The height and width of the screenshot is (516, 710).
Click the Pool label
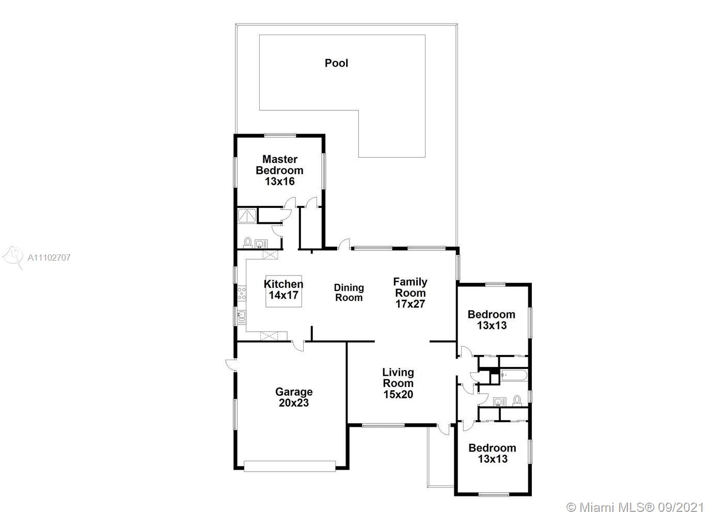336,63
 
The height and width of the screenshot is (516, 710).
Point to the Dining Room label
349,293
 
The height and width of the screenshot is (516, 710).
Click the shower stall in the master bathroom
247,216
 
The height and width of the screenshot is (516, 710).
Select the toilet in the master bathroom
247,243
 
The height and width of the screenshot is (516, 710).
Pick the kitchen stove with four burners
242,293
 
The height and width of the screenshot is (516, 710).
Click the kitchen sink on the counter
242,316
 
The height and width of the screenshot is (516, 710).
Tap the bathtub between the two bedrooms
514,376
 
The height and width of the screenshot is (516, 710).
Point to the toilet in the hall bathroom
517,400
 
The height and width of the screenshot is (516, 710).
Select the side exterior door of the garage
231,365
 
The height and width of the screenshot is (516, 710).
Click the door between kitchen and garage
298,346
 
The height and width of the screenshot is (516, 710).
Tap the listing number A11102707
49,257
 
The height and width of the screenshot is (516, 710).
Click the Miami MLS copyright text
635,507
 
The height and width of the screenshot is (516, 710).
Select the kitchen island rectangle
283,291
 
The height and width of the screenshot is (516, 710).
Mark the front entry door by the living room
444,429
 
